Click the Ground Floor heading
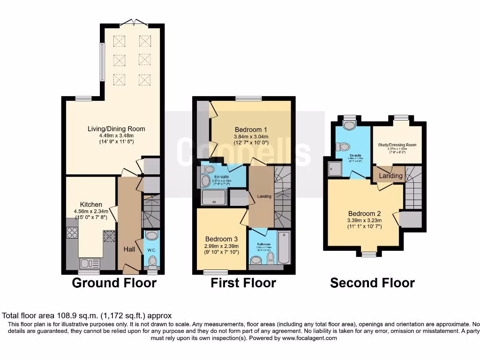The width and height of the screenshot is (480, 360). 114,283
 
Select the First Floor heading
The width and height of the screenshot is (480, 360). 243,283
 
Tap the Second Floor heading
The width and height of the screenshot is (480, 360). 372,283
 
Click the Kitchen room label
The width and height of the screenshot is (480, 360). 91,204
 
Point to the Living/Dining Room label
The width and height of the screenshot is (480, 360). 116,128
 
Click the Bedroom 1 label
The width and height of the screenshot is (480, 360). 251,130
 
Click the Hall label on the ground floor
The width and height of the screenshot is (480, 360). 129,249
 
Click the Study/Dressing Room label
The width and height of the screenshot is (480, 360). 397,145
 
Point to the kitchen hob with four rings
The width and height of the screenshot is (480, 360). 73,232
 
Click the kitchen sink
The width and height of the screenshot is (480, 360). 88,263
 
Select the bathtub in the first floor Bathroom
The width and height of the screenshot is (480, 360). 284,247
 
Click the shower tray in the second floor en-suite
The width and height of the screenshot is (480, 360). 336,169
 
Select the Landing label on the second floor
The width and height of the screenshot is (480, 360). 390,176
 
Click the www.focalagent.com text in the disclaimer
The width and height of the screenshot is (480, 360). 309,338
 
